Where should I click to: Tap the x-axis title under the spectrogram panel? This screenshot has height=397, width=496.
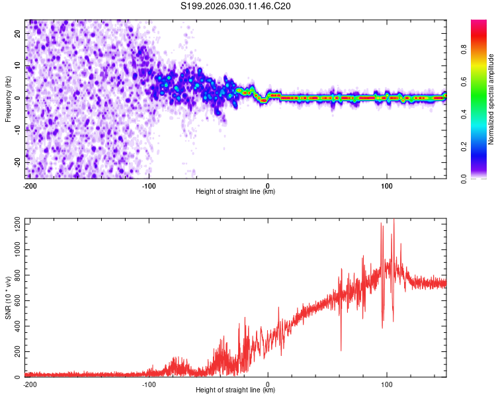[235, 191]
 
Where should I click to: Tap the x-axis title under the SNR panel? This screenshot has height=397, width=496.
[235, 390]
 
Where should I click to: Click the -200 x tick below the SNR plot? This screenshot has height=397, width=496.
[29, 384]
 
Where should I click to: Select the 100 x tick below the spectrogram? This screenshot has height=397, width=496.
[387, 185]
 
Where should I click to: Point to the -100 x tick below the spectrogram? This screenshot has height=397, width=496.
[149, 185]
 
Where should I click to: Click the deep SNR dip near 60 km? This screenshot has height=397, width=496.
[341, 349]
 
